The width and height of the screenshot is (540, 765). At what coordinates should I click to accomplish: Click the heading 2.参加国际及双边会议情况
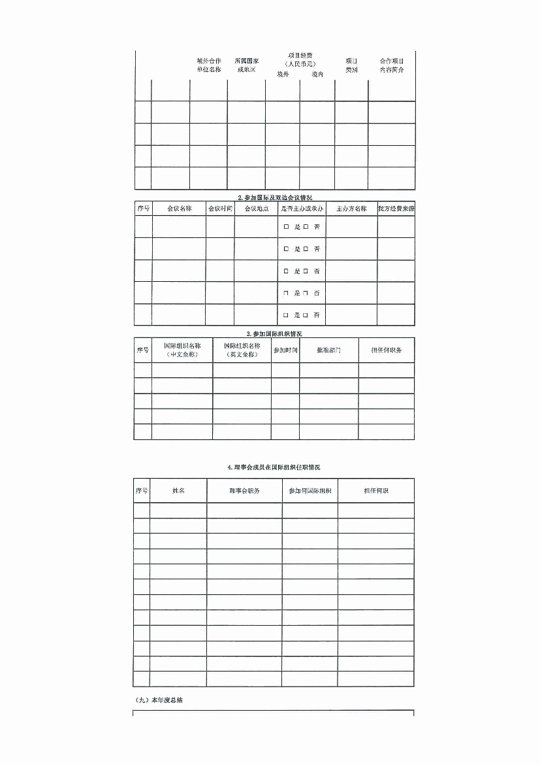[274, 197]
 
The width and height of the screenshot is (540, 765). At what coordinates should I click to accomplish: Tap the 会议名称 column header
[179, 209]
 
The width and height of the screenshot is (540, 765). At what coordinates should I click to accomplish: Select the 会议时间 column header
[220, 209]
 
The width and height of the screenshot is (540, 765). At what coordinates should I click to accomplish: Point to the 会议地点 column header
[256, 209]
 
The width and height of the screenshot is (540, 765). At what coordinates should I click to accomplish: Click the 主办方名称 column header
[351, 209]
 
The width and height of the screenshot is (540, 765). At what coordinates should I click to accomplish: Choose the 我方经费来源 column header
[396, 209]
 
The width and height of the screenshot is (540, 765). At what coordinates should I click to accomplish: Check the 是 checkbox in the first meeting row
[286, 227]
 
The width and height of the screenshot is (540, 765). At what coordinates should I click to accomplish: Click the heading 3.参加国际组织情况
[274, 333]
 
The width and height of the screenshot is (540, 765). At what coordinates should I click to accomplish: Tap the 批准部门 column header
[328, 350]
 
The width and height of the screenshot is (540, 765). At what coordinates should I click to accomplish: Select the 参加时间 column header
[285, 350]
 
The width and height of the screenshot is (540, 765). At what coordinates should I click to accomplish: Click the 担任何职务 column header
[387, 350]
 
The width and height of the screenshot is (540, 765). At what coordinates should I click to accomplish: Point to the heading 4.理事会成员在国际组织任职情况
[274, 467]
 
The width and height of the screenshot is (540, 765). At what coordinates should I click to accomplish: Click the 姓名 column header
[178, 490]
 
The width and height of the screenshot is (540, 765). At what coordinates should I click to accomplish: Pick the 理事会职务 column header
[245, 490]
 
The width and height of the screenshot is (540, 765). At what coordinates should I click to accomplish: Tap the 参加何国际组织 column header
[310, 490]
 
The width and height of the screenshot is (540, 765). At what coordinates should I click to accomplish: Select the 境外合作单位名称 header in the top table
[208, 65]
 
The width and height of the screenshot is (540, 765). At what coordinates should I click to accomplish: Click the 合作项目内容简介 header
[392, 65]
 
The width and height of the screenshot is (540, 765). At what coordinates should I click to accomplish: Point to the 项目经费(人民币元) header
[300, 59]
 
